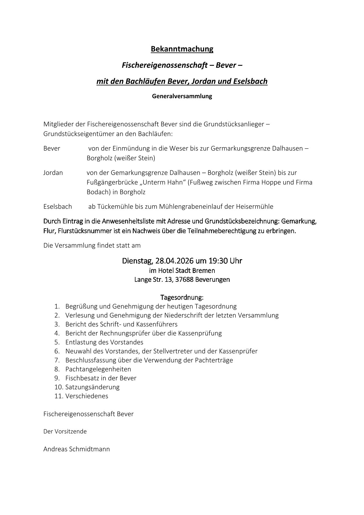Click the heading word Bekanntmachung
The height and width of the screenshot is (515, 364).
182,49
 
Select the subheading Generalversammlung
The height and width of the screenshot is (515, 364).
182,96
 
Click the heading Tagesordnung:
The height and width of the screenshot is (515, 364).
182,297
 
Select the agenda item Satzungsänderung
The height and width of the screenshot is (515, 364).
92,387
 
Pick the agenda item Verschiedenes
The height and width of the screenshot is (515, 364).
87,396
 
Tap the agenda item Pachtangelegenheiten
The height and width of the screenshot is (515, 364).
98,369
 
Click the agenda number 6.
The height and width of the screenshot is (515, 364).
57,351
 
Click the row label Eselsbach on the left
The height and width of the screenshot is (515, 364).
58,207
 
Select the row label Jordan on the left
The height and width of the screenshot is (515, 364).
53,173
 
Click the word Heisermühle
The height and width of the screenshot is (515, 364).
254,207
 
